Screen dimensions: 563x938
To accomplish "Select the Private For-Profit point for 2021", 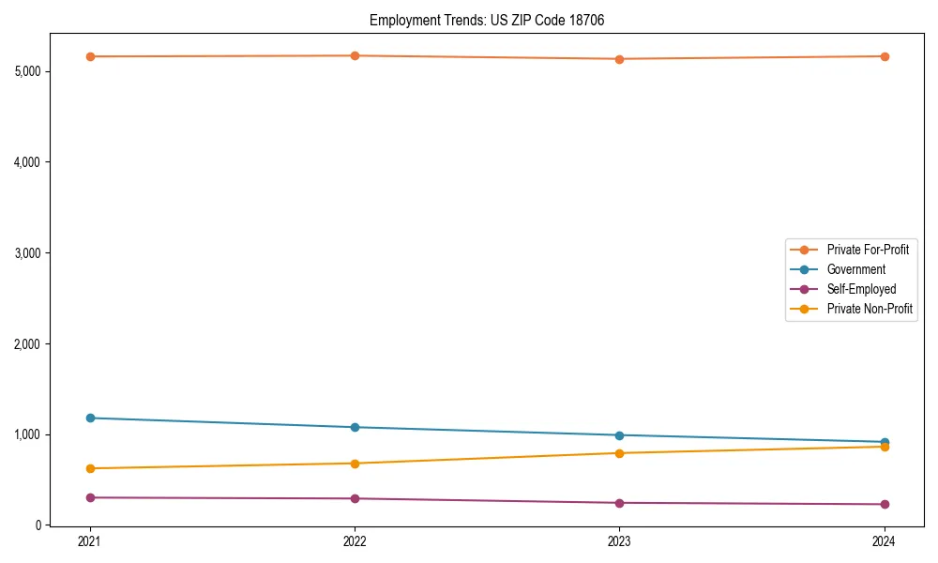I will tap(90, 56).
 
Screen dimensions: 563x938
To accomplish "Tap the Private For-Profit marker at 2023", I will tap(619, 59).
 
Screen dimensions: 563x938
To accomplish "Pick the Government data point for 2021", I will tap(90, 418).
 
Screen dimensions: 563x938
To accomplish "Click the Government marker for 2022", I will tap(355, 427).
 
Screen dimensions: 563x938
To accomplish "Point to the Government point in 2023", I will tap(619, 435).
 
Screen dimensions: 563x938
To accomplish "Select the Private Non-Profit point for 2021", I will tap(90, 468).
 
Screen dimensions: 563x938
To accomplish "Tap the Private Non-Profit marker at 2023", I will tap(619, 453).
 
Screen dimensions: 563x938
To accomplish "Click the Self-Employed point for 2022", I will tap(355, 498).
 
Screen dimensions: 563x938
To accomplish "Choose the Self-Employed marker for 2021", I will tap(90, 497).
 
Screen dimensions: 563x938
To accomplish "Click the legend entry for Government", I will tap(855, 269).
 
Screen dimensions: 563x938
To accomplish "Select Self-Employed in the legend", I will tap(861, 289).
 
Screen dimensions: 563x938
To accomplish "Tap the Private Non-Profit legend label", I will tap(870, 309).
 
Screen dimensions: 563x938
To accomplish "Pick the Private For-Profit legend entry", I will tap(868, 250).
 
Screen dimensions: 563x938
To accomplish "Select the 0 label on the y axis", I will tap(39, 525).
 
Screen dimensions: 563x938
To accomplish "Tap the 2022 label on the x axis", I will tap(355, 540).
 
